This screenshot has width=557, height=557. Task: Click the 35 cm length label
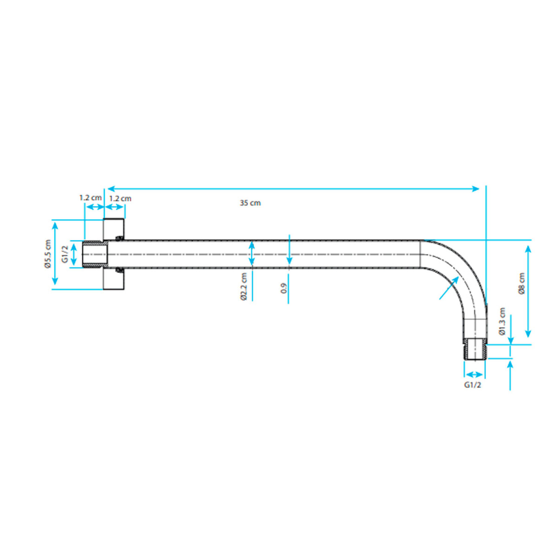(x=250, y=203)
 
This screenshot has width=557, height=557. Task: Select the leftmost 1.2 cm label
(x=90, y=198)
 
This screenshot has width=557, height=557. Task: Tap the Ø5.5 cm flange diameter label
(x=48, y=254)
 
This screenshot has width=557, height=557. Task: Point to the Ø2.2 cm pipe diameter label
(x=244, y=286)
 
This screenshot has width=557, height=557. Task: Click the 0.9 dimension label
(x=284, y=288)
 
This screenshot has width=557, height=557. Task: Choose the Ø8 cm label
(x=522, y=283)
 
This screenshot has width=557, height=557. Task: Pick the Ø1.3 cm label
(x=502, y=321)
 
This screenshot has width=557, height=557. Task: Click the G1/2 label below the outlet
(x=472, y=385)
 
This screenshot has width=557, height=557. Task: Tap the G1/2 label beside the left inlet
(x=65, y=254)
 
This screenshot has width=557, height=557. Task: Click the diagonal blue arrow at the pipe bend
(x=449, y=288)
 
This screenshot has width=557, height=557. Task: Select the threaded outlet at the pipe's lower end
(x=475, y=349)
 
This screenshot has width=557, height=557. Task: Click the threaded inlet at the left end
(x=95, y=254)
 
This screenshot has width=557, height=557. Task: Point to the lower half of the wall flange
(x=114, y=278)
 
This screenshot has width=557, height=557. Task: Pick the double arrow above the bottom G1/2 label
(x=475, y=374)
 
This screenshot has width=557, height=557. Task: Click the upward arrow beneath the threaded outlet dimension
(x=510, y=375)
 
